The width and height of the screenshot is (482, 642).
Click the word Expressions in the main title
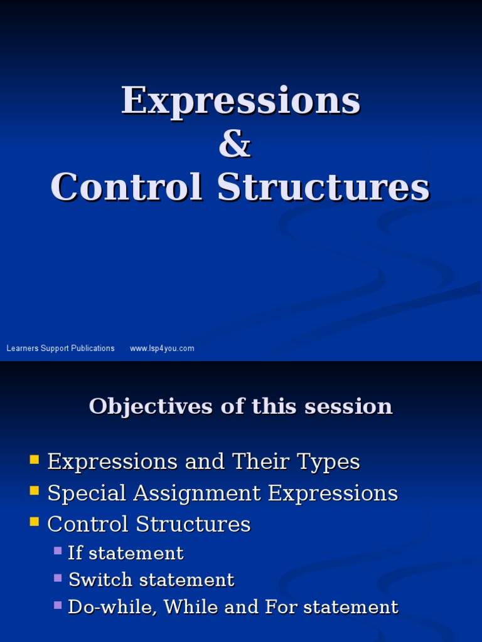click(x=240, y=102)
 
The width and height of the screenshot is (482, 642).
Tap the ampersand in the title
click(x=235, y=145)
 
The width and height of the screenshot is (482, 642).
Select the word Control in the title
click(x=127, y=187)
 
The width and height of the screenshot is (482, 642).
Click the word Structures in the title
click(x=323, y=187)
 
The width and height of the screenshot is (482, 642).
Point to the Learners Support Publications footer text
click(x=60, y=349)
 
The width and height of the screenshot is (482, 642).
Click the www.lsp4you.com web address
click(x=162, y=349)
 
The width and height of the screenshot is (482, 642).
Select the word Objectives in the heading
click(x=151, y=406)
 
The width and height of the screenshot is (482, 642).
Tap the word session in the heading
click(x=348, y=406)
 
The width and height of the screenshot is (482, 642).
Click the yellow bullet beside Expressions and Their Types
click(x=35, y=460)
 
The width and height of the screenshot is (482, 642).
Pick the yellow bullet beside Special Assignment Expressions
click(x=35, y=491)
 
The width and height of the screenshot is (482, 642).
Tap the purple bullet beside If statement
click(x=58, y=551)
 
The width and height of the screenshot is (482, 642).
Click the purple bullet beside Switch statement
click(x=58, y=578)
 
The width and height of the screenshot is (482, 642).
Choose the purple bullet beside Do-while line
click(x=58, y=605)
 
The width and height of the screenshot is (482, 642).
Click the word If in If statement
click(x=75, y=553)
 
